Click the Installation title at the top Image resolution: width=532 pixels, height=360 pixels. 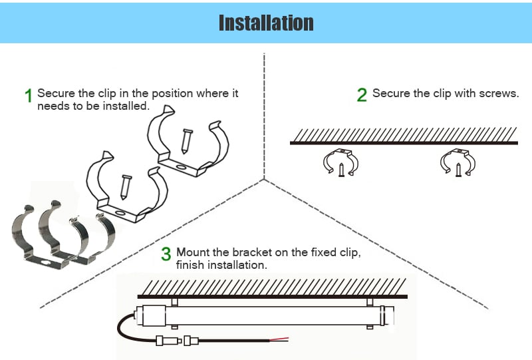coord(266,22)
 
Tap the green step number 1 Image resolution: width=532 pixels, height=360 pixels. coord(29,96)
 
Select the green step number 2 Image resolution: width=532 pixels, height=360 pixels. coord(362,95)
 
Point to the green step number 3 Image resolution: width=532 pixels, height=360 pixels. coord(166,254)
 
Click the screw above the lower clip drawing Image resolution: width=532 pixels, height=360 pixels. coord(124,186)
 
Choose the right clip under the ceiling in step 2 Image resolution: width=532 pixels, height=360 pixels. coord(458,162)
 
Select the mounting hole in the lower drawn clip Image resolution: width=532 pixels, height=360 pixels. coord(119,212)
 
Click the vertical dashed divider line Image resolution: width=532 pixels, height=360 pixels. coord(265,113)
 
